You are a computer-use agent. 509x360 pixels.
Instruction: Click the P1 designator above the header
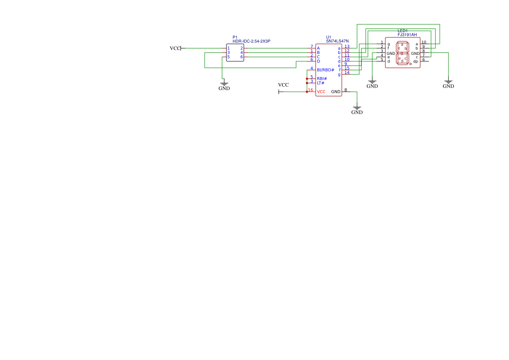pyautogui.click(x=235, y=37)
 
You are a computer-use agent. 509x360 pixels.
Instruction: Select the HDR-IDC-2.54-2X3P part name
pyautogui.click(x=251, y=41)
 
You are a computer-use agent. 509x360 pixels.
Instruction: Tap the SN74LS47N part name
pyautogui.click(x=337, y=41)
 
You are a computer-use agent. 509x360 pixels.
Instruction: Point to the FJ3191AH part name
pyautogui.click(x=407, y=35)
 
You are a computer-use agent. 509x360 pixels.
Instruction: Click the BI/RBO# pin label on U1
pyautogui.click(x=325, y=70)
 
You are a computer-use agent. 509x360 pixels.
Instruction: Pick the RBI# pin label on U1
pyautogui.click(x=322, y=79)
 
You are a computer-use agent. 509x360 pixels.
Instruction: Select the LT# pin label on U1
pyautogui.click(x=320, y=83)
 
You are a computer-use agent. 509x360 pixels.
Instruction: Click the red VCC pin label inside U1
pyautogui.click(x=321, y=92)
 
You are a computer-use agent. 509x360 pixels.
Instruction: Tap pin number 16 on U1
pyautogui.click(x=310, y=90)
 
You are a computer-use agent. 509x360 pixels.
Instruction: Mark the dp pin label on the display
pyautogui.click(x=415, y=61)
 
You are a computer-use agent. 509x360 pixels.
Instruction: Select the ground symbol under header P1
pyautogui.click(x=224, y=83)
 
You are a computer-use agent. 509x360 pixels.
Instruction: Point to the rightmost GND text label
pyautogui.click(x=448, y=86)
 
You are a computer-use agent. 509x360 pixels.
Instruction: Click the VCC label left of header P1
pyautogui.click(x=175, y=48)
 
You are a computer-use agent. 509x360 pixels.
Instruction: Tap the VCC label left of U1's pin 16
pyautogui.click(x=283, y=85)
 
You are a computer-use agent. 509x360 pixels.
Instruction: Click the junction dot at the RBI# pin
pyautogui.click(x=307, y=79)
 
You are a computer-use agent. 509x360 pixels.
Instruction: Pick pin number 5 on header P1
pyautogui.click(x=229, y=57)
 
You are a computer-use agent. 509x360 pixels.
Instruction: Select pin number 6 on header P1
pyautogui.click(x=242, y=57)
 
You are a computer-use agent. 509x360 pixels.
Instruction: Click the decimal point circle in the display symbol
pyautogui.click(x=411, y=64)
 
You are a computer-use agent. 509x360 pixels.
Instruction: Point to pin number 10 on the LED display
pyautogui.click(x=424, y=42)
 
